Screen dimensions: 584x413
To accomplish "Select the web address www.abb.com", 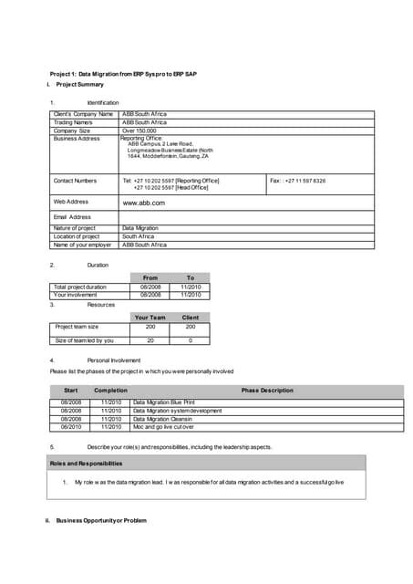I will tap(142, 202).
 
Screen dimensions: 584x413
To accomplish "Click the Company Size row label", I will tap(72, 130).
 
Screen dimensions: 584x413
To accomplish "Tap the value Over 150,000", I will tap(139, 130).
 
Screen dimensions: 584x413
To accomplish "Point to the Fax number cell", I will tap(298, 181).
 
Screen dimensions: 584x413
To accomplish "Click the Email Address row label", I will tap(72, 217).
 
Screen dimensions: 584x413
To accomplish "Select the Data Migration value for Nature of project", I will tap(140, 228).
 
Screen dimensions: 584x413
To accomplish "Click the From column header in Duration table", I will tap(150, 277).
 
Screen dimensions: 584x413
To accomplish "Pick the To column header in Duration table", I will tap(190, 277).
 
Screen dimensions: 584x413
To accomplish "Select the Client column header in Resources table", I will tap(190, 317).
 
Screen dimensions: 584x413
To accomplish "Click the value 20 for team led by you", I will tap(150, 340).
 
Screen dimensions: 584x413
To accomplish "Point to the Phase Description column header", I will tap(267, 390).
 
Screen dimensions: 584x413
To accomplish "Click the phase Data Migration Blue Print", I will tap(164, 402).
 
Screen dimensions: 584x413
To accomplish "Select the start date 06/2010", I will tap(71, 426).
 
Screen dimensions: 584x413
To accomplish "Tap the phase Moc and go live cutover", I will tap(164, 426).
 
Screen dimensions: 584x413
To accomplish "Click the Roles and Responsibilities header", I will tap(86, 464).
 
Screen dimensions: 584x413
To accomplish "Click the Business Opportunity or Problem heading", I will tap(95, 520).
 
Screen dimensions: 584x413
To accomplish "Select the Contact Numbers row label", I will tap(75, 181).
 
